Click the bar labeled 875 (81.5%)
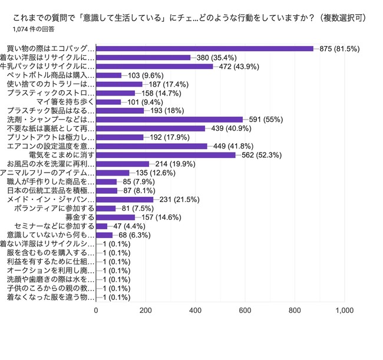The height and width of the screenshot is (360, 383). (204, 49)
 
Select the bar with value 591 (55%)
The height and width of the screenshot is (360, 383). (169, 120)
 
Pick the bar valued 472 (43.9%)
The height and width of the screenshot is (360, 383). (154, 67)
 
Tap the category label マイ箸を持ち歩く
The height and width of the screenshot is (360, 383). (65, 102)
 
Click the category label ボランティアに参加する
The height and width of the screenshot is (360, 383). (54, 209)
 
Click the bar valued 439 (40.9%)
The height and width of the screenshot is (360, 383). (150, 128)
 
